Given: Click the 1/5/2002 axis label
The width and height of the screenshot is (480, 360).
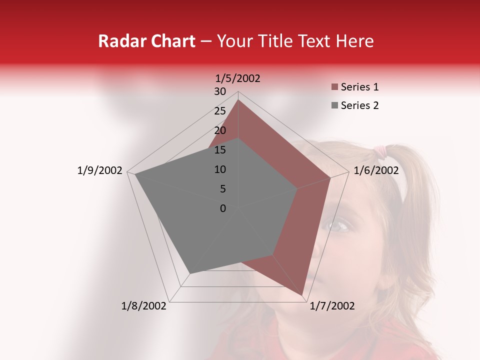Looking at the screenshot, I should click(x=238, y=78).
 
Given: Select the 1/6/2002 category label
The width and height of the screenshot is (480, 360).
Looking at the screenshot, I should click(x=376, y=170).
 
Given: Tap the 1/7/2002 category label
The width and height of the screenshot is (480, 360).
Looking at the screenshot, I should click(x=332, y=306).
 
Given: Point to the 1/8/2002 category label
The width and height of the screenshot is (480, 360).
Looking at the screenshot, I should click(x=144, y=306).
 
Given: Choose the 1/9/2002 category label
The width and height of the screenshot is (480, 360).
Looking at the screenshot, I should click(x=100, y=170).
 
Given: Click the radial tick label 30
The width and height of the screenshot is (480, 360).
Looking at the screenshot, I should click(x=220, y=91).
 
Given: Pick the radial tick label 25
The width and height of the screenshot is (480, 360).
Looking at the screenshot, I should click(x=220, y=111).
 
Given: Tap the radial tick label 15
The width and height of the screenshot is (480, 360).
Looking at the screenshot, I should click(x=220, y=150).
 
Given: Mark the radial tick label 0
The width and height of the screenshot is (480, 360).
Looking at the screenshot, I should click(x=223, y=208).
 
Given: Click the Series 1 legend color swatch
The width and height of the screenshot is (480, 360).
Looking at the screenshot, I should click(x=334, y=87).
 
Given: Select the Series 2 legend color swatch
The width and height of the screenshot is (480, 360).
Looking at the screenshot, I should click(x=334, y=105).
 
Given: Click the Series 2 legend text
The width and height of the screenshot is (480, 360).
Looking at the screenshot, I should click(x=360, y=105).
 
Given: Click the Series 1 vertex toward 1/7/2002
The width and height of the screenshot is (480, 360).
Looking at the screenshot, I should click(x=302, y=295).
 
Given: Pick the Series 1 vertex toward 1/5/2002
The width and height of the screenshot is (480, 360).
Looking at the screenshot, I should click(x=238, y=100).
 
